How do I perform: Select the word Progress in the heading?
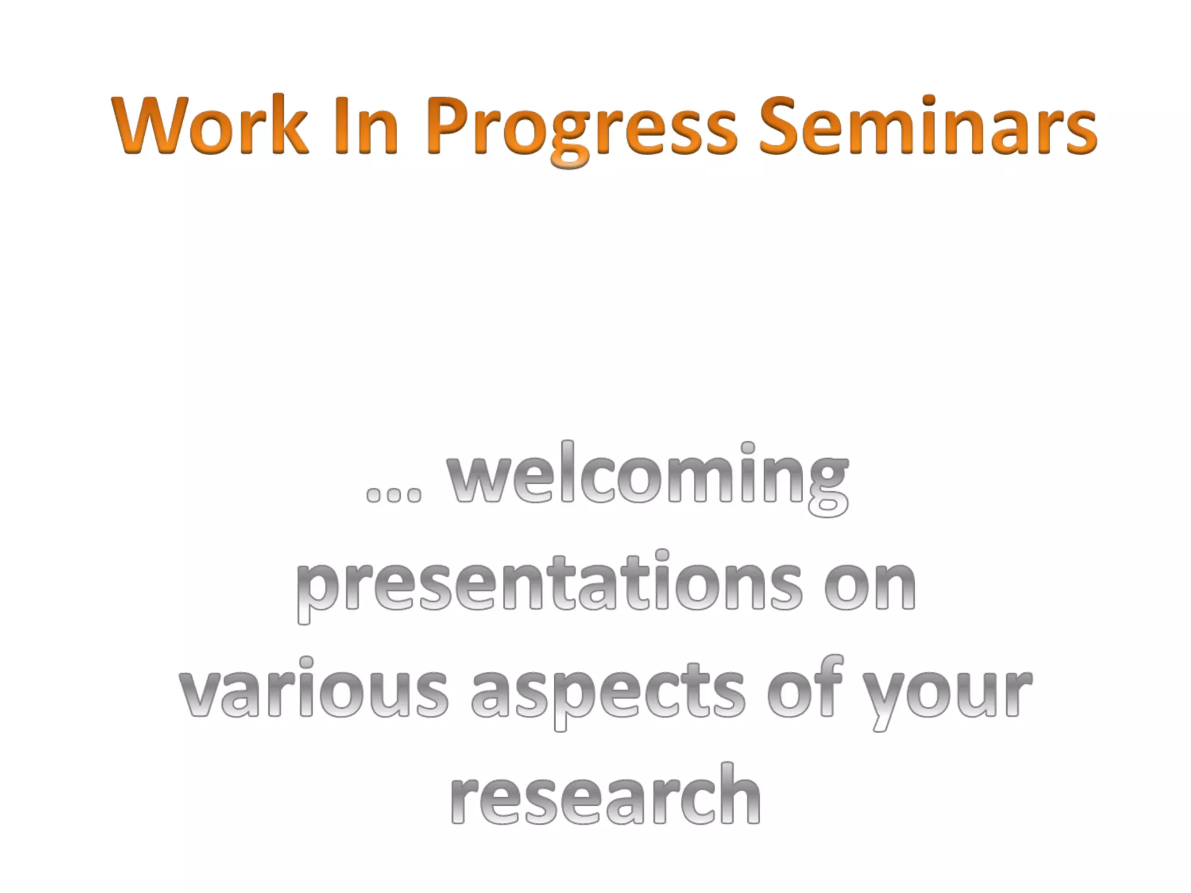[x=582, y=128]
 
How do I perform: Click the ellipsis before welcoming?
[x=394, y=494]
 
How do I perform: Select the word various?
[x=314, y=692]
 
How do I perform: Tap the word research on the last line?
[x=605, y=796]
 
